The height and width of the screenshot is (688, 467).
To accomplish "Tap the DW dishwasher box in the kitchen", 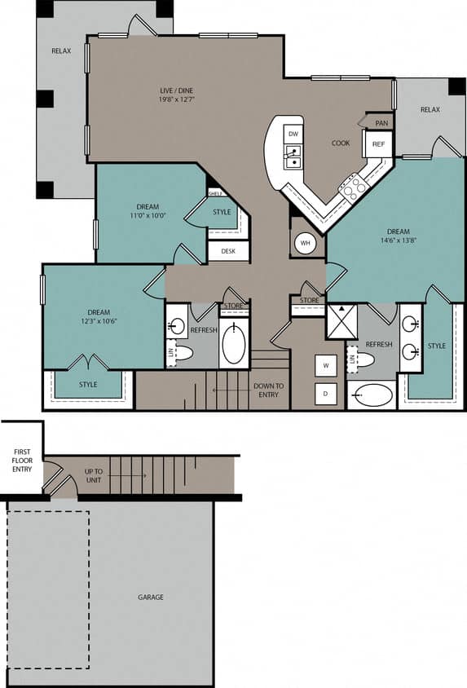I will pyautogui.click(x=293, y=134).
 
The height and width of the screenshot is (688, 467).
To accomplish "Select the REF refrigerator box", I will pyautogui.click(x=378, y=144).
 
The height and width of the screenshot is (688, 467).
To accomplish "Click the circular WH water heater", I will pyautogui.click(x=305, y=243).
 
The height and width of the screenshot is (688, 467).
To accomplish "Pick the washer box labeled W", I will pyautogui.click(x=326, y=366).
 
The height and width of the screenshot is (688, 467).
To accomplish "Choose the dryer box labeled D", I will pyautogui.click(x=326, y=394).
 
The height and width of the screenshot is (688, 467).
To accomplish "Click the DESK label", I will pyautogui.click(x=228, y=251).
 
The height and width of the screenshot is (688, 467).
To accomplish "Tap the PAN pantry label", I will pyautogui.click(x=381, y=123).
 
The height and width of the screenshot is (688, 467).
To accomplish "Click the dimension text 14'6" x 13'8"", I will pyautogui.click(x=398, y=240).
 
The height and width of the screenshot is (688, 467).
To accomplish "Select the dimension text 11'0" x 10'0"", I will pyautogui.click(x=148, y=216).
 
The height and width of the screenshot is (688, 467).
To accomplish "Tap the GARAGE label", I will pyautogui.click(x=150, y=598).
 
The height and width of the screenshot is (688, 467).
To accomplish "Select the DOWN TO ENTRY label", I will pyautogui.click(x=268, y=390).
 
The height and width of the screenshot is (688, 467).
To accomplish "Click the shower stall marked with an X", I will pyautogui.click(x=341, y=321).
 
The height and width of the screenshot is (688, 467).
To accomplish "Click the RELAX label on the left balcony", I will pyautogui.click(x=61, y=51).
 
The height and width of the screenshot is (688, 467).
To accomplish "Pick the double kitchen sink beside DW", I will pyautogui.click(x=292, y=156).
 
